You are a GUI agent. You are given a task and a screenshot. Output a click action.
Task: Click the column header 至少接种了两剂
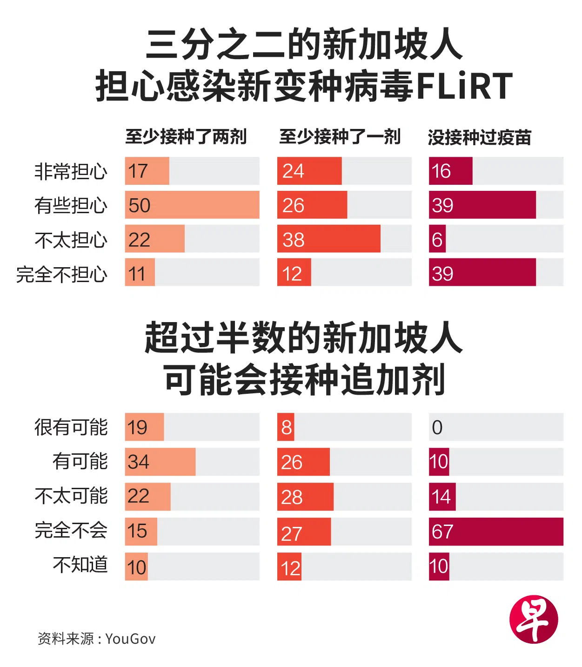click(186, 137)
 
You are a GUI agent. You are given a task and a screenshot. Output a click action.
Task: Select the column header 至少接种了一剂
click(340, 137)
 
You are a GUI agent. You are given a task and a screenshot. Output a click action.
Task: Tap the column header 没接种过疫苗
click(479, 137)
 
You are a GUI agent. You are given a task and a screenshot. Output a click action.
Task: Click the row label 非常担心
click(71, 171)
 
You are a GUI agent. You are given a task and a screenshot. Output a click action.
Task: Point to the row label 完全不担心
click(62, 274)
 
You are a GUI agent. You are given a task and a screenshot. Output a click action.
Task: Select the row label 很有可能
click(71, 427)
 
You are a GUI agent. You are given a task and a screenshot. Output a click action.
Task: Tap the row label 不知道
click(80, 565)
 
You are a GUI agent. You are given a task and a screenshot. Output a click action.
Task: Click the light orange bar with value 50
click(192, 205)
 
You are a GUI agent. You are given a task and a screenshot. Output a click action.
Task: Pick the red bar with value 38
click(328, 239)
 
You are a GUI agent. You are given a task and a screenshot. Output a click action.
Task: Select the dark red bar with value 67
click(496, 532)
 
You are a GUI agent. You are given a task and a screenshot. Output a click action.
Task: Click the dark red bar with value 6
click(437, 239)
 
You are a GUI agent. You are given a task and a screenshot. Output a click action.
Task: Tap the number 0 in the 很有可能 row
click(437, 427)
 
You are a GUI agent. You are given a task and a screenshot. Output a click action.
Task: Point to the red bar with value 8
click(286, 427)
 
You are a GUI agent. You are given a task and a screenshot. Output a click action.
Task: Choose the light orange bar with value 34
click(160, 462)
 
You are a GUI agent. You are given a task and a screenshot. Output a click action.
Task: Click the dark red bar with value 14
click(442, 497)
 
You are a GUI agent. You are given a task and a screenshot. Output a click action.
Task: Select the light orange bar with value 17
click(147, 171)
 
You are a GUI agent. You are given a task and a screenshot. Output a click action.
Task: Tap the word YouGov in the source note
click(131, 639)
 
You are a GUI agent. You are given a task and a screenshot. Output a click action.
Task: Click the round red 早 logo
click(534, 620)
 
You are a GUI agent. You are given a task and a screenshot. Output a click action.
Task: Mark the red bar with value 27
click(304, 532)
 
